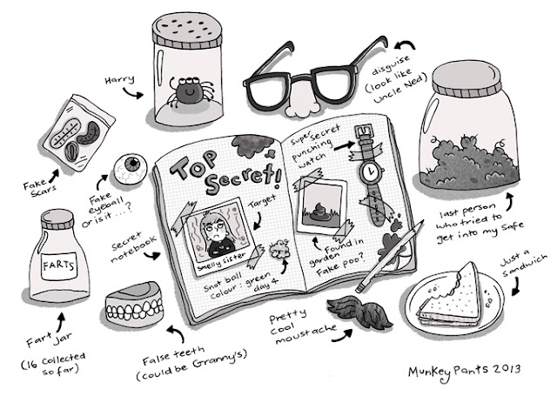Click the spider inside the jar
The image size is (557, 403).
(190, 91)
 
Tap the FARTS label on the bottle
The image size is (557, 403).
(59, 265)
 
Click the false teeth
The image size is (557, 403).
(135, 304)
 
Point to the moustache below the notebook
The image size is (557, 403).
(359, 310)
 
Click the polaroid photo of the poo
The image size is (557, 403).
(321, 206)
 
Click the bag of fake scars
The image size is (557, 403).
(79, 132)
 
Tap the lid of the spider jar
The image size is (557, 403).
(187, 30)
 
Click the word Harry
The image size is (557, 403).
(120, 79)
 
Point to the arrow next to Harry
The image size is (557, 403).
(132, 93)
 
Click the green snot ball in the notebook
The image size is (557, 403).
(280, 249)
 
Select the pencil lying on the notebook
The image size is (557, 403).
(390, 256)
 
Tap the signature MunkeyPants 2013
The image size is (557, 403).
(464, 372)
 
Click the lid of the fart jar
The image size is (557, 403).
(57, 219)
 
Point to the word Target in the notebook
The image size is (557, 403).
(262, 202)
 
